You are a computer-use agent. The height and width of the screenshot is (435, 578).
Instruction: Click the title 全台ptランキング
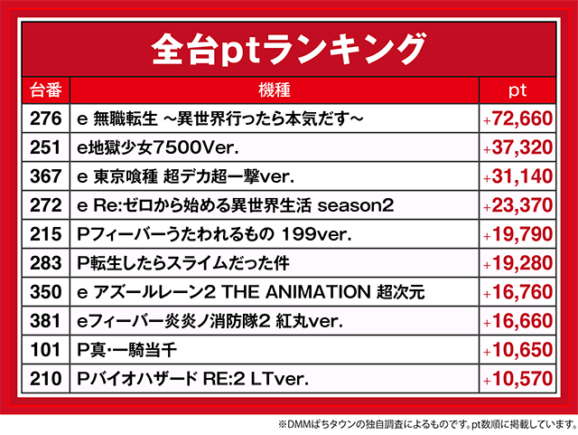pos(289,50)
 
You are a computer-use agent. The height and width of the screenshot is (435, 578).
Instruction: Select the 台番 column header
pos(46,90)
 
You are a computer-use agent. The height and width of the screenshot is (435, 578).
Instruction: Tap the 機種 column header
pos(275,90)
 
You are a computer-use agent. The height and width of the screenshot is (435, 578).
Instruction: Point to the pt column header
pos(517,90)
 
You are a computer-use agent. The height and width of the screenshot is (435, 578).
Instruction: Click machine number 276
pos(46,118)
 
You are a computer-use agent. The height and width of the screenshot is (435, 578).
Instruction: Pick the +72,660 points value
pos(517,118)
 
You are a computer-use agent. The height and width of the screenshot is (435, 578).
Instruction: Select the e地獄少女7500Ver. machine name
pos(158,147)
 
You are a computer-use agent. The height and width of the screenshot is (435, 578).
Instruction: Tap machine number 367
pos(46,176)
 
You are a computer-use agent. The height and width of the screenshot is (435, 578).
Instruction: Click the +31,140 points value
pos(517,176)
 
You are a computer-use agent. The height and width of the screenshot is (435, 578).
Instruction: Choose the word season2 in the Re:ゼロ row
pos(356,205)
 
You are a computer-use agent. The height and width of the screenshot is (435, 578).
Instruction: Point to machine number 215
pos(46,234)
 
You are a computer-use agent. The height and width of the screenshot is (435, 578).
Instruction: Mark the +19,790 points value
pos(517,234)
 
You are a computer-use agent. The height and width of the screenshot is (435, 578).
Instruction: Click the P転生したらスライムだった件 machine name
pos(183,263)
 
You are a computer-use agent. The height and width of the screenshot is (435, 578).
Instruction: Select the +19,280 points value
pos(517,263)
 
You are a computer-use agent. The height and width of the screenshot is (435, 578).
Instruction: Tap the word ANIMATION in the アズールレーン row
pos(318,292)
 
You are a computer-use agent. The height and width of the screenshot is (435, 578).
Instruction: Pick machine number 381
pos(46,321)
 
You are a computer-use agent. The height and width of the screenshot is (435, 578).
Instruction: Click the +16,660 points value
pos(517,321)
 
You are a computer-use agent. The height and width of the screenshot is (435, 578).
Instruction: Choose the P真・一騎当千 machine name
pos(126,350)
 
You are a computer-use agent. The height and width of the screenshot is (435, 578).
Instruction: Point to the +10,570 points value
pos(517,379)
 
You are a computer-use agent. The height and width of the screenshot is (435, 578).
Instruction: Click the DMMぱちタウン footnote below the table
pos(427,424)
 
